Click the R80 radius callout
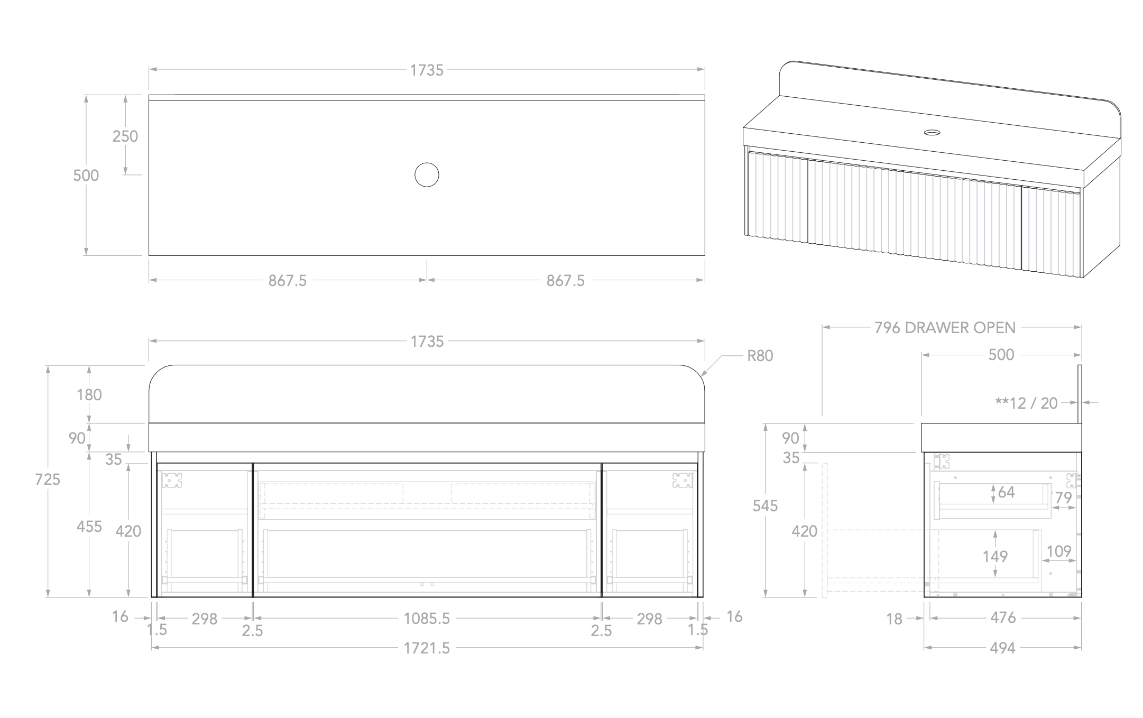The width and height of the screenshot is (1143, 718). point(760,356)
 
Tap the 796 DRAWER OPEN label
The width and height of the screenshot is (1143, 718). point(945,328)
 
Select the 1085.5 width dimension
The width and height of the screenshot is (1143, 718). point(427,618)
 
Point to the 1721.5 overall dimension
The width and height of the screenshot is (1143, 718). point(427,648)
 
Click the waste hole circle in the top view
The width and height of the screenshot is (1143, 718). point(427,175)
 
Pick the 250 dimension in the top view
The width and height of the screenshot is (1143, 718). point(125,136)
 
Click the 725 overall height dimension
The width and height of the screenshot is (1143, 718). point(48,480)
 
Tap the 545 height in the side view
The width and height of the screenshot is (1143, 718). point(765,506)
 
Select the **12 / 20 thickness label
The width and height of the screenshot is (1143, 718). point(1026,403)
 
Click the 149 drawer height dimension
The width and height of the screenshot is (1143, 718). point(995,556)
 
